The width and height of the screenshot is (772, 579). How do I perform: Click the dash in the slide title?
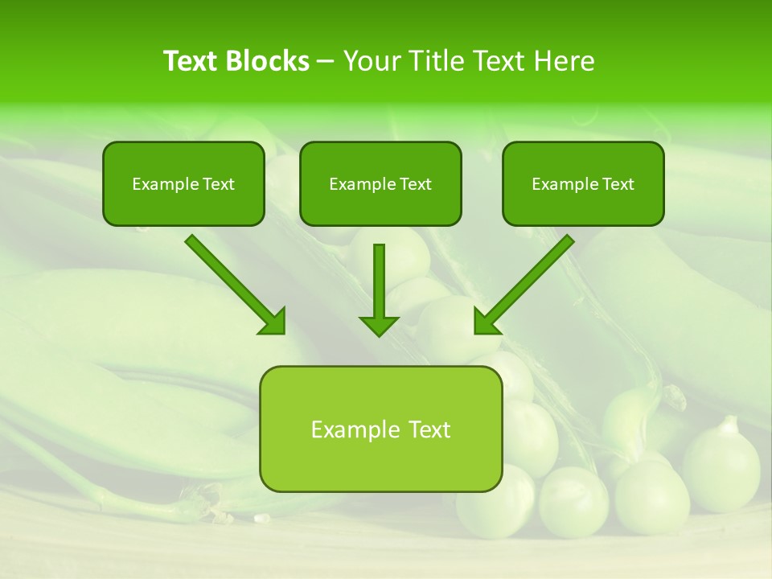pyautogui.click(x=326, y=62)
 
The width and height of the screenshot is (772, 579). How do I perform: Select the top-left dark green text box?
pyautogui.click(x=183, y=183)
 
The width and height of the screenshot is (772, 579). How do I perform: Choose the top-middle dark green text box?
pyautogui.click(x=380, y=183)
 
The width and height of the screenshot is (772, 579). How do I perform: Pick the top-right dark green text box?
pyautogui.click(x=583, y=183)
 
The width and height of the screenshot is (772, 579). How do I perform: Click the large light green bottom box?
pyautogui.click(x=380, y=429)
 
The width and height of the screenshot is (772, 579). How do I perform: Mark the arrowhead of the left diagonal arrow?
pyautogui.click(x=273, y=322)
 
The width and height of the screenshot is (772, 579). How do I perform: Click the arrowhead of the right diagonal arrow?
pyautogui.click(x=487, y=322)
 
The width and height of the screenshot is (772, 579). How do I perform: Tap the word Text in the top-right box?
pyautogui.click(x=618, y=184)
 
